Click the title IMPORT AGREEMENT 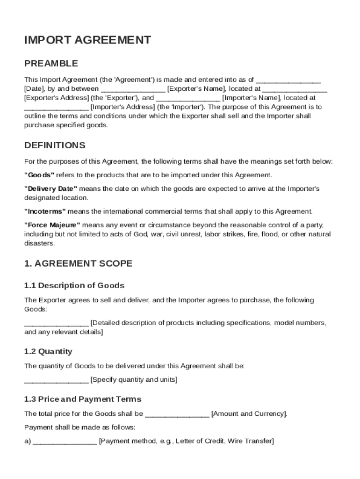pos(87,40)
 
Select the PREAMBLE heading pos(51,63)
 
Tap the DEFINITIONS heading pos(55,145)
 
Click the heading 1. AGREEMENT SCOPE pos(78,263)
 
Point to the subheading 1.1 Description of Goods pos(74,285)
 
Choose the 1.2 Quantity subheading pos(48,351)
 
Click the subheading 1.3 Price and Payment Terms pos(83,399)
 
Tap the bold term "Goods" pos(39,175)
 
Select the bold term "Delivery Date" pos(50,189)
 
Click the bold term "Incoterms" pos(45,211)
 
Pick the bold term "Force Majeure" pos(52,225)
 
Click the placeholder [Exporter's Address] pos(56,98)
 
